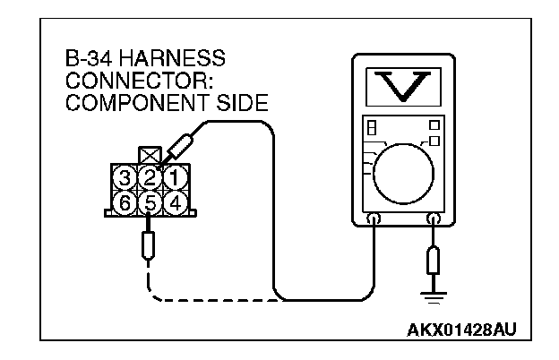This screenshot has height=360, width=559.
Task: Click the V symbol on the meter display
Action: click(x=398, y=87)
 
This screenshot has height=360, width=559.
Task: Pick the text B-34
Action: click(x=87, y=60)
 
